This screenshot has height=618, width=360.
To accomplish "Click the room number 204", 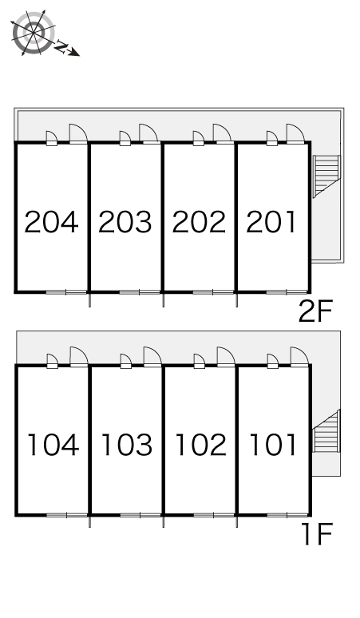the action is click(x=51, y=221).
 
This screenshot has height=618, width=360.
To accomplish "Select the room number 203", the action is click(x=125, y=221).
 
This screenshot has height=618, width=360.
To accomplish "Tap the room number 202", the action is click(x=199, y=221).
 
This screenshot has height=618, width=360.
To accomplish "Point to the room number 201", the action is click(x=271, y=221).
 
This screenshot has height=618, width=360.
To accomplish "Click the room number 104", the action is click(x=53, y=445).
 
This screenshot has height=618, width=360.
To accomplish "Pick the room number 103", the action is click(x=126, y=445).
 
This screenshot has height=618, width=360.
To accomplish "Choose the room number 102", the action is click(x=200, y=445).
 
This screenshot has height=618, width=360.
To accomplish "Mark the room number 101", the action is click(x=273, y=445).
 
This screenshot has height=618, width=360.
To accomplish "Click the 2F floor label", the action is click(x=315, y=311).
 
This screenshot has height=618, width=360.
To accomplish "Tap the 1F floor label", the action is click(x=318, y=533).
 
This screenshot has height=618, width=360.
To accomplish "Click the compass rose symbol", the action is click(x=33, y=33).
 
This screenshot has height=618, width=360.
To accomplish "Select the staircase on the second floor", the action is click(x=326, y=176).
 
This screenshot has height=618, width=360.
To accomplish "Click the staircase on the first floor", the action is click(x=326, y=431).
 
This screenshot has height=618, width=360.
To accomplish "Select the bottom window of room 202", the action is click(x=213, y=292).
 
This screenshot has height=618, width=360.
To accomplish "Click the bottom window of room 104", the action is click(x=67, y=515).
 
